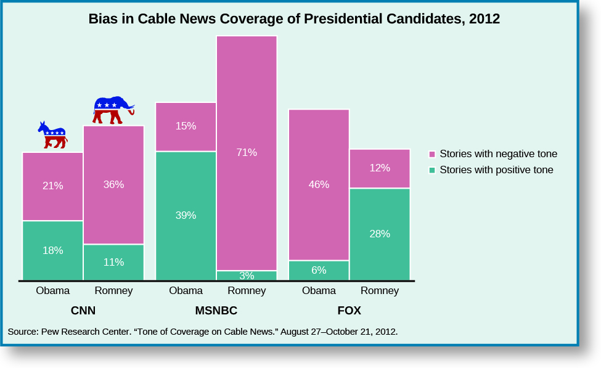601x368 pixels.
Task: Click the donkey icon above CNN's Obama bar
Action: (53, 136)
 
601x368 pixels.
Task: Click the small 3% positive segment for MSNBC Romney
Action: (247, 276)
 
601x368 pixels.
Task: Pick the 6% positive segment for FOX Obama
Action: (319, 271)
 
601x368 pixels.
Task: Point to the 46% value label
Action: (319, 184)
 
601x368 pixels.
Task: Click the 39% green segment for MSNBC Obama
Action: (186, 216)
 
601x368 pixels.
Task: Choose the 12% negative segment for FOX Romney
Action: (380, 168)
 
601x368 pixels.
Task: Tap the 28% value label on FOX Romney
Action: (380, 234)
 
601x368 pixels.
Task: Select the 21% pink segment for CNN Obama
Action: (53, 186)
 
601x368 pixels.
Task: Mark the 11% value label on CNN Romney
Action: (113, 262)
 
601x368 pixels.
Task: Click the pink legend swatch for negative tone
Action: (432, 154)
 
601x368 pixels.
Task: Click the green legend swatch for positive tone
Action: (432, 170)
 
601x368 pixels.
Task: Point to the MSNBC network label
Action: (216, 311)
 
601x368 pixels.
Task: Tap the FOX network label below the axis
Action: (349, 311)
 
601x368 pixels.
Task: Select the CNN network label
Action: (83, 311)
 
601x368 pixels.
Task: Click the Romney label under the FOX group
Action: (380, 291)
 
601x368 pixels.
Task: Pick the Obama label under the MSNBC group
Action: (186, 291)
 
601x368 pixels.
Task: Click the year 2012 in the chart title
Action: (484, 19)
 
